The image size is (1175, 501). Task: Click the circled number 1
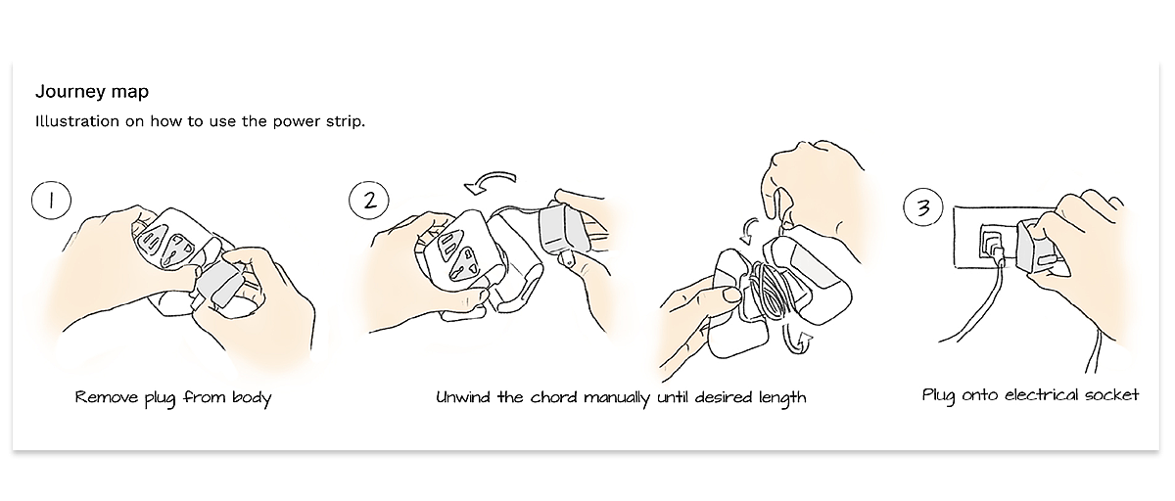[51, 200]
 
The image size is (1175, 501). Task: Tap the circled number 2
[369, 200]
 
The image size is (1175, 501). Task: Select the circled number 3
[923, 206]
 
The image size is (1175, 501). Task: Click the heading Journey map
[92, 92]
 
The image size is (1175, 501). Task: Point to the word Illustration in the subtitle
[77, 121]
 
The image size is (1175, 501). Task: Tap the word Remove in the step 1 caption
[107, 396]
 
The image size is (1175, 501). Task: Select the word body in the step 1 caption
[252, 397]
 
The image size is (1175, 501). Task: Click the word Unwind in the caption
[462, 397]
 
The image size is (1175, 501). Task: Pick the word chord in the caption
[554, 397]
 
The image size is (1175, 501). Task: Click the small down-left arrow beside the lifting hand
[749, 232]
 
